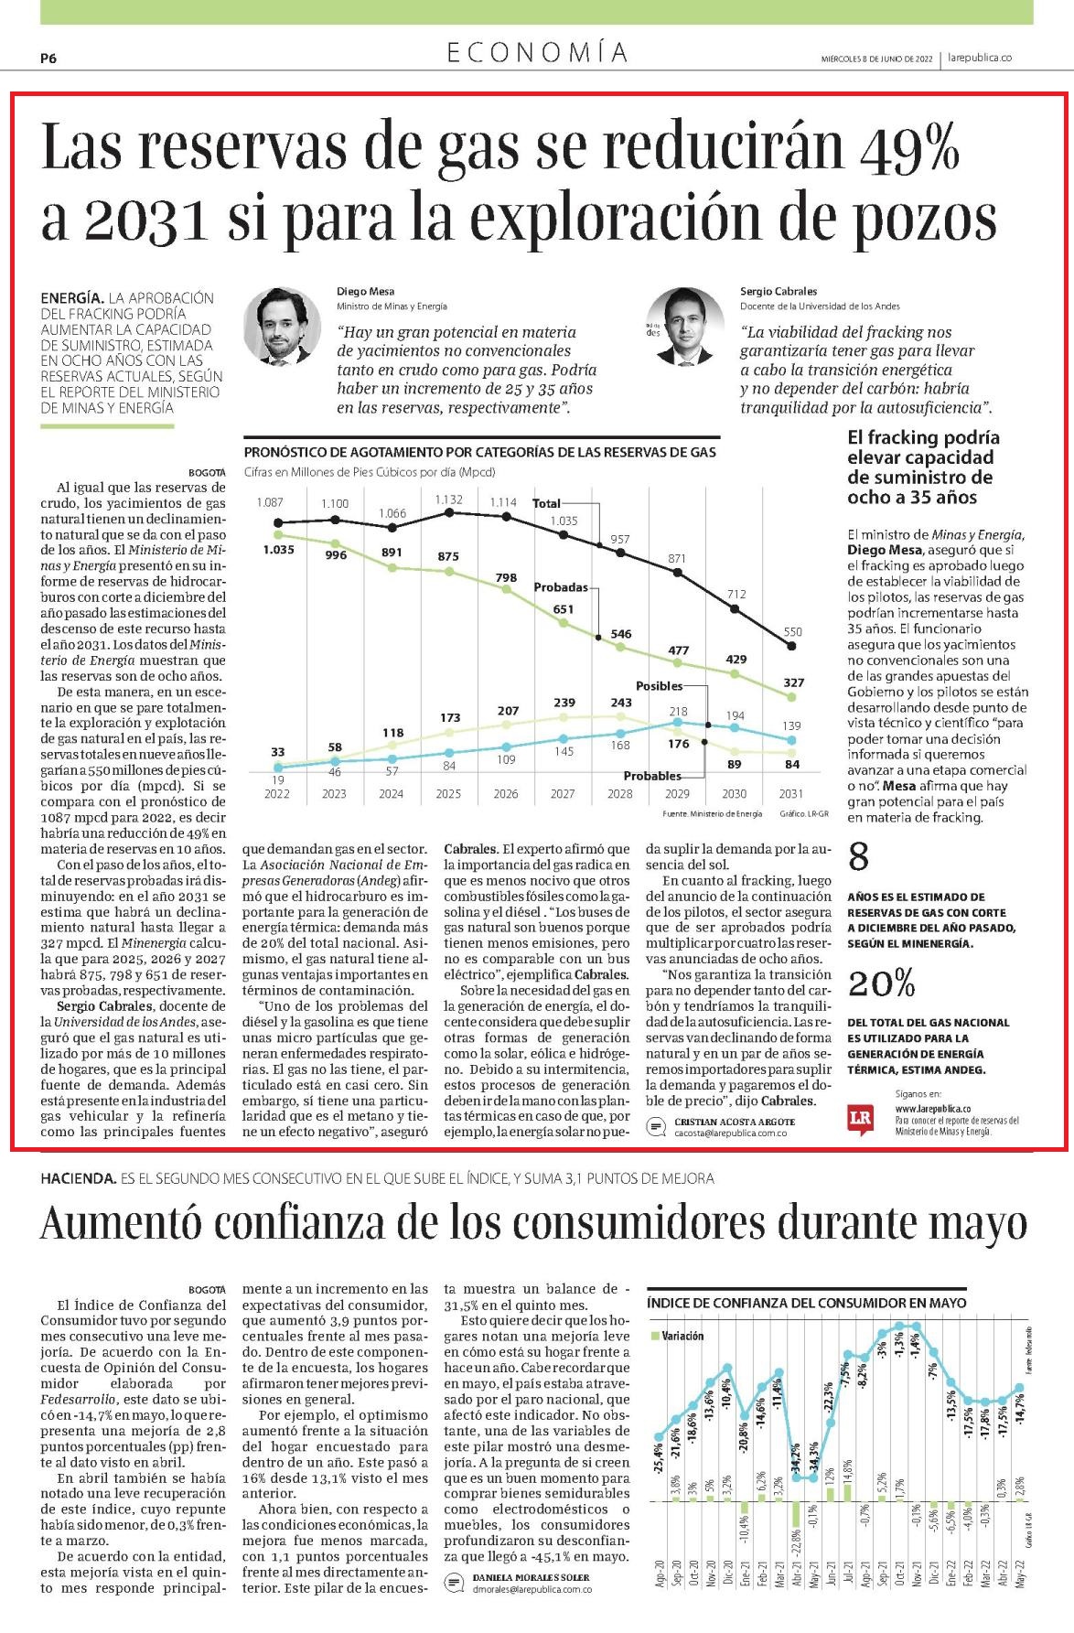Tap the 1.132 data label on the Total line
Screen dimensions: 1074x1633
click(449, 500)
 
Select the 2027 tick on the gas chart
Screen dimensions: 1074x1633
click(563, 794)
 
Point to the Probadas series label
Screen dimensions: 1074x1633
click(561, 587)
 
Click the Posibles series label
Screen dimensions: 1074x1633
click(659, 686)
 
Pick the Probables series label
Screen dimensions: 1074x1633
click(651, 776)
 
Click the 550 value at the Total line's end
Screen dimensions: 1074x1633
click(792, 632)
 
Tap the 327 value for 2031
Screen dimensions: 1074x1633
click(793, 682)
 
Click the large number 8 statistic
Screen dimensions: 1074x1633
click(859, 858)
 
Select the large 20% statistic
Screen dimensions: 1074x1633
click(881, 984)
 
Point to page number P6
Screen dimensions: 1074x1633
click(48, 59)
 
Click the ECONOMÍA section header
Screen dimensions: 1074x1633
click(537, 53)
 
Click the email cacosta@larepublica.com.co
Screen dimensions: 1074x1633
click(730, 1133)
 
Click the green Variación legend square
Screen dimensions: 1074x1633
click(655, 1336)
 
